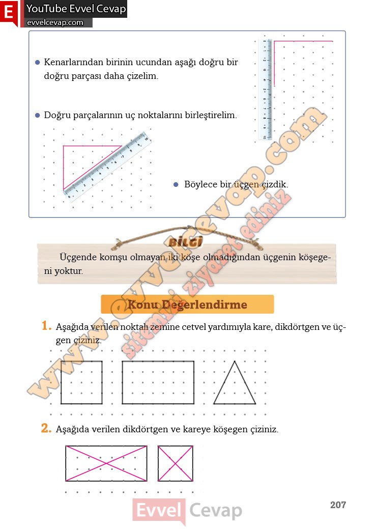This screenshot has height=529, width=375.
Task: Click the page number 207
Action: pos(338,505)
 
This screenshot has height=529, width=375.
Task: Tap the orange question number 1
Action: pos(47,325)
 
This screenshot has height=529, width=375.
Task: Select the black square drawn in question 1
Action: pos(81,382)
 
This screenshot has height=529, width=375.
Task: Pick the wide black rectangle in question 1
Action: pos(158,382)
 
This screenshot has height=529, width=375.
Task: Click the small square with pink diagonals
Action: pos(176,463)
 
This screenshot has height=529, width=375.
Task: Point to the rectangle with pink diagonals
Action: pos(106,463)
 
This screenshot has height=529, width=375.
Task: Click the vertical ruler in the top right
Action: pos(265,89)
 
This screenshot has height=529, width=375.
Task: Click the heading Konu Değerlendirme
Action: pos(187,304)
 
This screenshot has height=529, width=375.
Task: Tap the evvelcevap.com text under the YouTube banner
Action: pos(55,22)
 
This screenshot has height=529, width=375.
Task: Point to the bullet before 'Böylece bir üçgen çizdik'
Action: pos(176,184)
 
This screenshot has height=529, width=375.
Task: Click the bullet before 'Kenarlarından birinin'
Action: pos(37,63)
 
